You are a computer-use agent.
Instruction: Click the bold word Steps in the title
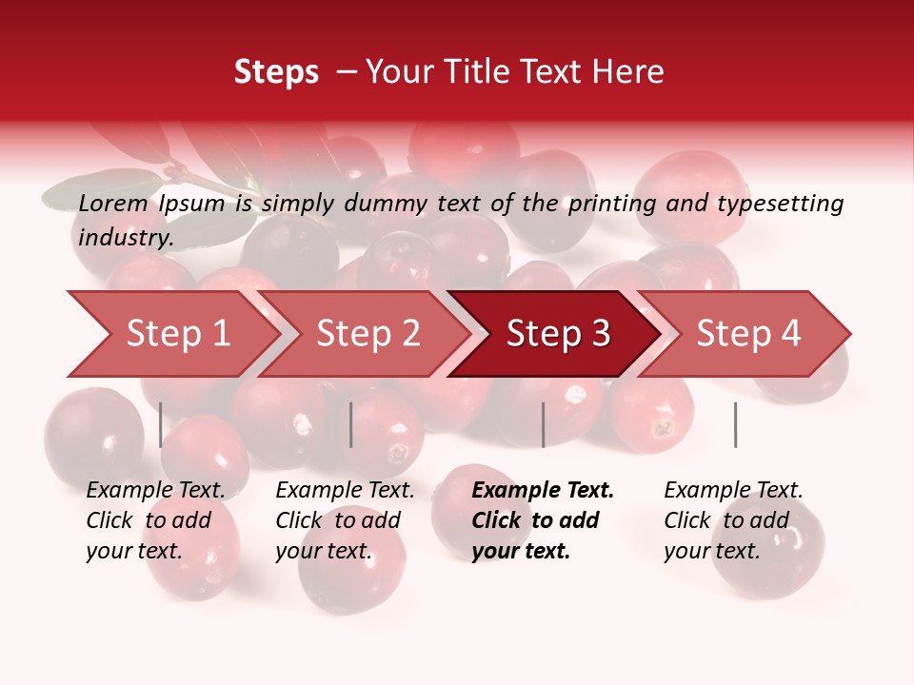click(276, 72)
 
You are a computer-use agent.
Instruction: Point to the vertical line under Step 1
click(161, 424)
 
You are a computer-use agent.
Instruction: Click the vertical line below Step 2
click(351, 424)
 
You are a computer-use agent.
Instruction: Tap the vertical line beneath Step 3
click(543, 424)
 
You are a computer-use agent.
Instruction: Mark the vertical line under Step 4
click(735, 424)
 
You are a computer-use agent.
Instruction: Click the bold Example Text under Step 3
click(543, 519)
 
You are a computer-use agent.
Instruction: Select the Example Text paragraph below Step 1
click(155, 519)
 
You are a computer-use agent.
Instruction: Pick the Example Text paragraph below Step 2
click(345, 519)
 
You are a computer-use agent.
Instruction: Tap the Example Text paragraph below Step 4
click(733, 519)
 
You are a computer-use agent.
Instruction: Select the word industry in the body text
click(126, 237)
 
